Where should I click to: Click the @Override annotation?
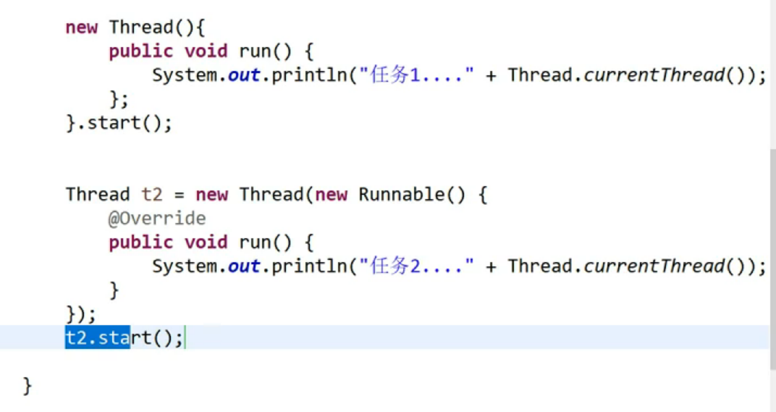pos(157,218)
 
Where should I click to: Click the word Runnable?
pos(401,194)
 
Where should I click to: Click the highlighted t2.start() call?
pos(124,337)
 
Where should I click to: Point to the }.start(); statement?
pos(119,122)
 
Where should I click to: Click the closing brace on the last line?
pos(28,385)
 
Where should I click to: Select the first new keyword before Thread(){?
pos(80,28)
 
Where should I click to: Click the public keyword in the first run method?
pos(141,51)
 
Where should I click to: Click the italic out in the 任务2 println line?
pos(244,266)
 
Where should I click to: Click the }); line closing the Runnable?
pos(80,314)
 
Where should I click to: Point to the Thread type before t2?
pos(97,194)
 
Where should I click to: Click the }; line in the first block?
pos(117,98)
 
